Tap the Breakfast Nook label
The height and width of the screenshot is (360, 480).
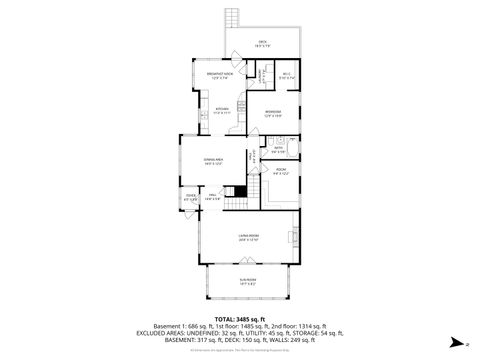click(220, 75)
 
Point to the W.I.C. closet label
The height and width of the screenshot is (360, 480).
click(285, 75)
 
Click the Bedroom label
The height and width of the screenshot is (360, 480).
click(272, 112)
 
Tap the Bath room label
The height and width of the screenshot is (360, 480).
click(279, 150)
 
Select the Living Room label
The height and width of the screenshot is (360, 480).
click(248, 238)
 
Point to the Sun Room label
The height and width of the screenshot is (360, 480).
click(247, 282)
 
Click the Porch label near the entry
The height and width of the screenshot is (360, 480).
click(190, 198)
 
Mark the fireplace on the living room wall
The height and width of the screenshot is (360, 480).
click(297, 238)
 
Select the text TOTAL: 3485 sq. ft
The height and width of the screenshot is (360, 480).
click(240, 317)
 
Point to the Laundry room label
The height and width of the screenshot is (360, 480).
click(258, 75)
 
